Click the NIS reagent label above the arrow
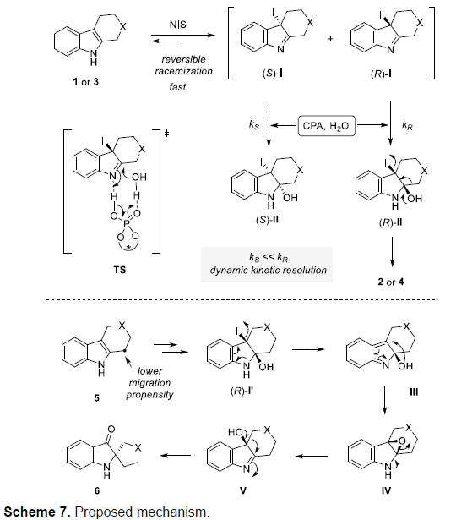178,25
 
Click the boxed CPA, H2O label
326,126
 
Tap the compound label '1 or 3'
86,81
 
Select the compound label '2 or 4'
391,282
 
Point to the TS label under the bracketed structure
120,270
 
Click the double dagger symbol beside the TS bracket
166,134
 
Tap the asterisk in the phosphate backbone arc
128,247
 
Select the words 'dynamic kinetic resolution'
269,270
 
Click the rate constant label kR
407,125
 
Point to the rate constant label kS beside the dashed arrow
254,125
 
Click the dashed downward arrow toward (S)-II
269,124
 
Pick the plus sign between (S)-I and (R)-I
330,39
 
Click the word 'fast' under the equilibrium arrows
177,87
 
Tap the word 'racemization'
183,71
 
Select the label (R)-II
390,222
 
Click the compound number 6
97,490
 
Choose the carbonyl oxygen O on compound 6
111,430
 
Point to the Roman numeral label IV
386,490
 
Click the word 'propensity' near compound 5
149,395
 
